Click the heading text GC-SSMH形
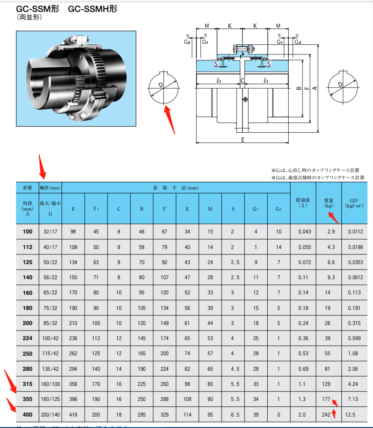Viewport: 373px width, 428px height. point(92,9)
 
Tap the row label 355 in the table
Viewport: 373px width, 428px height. point(27,399)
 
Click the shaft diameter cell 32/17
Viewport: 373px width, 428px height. point(50,232)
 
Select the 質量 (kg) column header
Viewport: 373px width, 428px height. point(329,203)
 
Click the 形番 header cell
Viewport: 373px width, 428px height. point(27,188)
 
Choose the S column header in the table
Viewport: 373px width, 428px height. point(233,209)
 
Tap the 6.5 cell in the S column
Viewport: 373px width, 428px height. point(233,415)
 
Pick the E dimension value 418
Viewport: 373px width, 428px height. point(73,415)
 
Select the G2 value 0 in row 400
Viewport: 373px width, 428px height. point(279,415)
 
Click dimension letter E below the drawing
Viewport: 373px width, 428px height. point(243,140)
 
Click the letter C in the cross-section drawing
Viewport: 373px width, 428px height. point(243,81)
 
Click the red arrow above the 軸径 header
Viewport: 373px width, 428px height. point(42,167)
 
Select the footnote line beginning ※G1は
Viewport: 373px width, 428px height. point(316,170)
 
